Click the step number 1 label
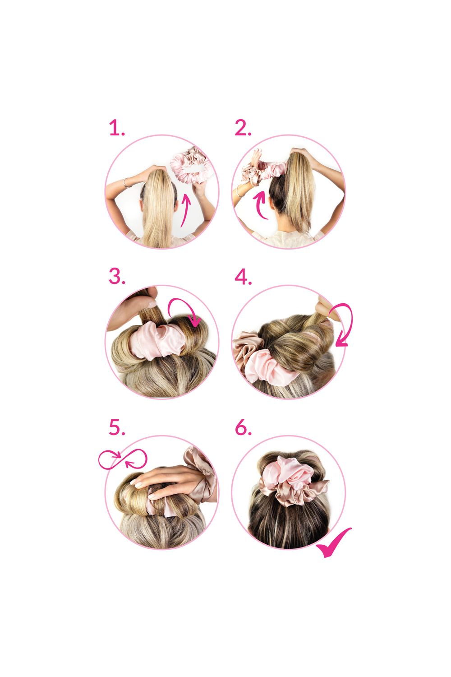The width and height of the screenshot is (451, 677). (116, 129)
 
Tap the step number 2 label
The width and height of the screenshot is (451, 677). (243, 129)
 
